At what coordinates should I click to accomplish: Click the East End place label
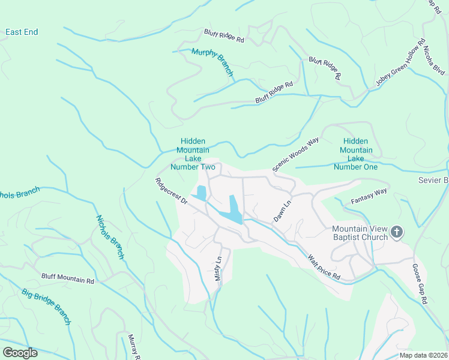tap(22, 32)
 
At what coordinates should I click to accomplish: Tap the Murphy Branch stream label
tap(212, 62)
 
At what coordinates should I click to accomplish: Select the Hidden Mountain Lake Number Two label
tap(193, 154)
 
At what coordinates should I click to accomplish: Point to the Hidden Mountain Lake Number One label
tap(356, 154)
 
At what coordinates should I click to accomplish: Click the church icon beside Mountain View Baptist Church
tap(396, 232)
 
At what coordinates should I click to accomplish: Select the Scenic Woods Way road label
tap(295, 154)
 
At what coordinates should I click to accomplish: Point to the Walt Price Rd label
tap(324, 267)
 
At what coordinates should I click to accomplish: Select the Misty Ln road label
tap(218, 269)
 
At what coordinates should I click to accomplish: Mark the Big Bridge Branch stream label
tap(46, 307)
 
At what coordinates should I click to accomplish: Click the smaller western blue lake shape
tap(200, 193)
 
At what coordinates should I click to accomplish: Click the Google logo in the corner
tap(20, 352)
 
